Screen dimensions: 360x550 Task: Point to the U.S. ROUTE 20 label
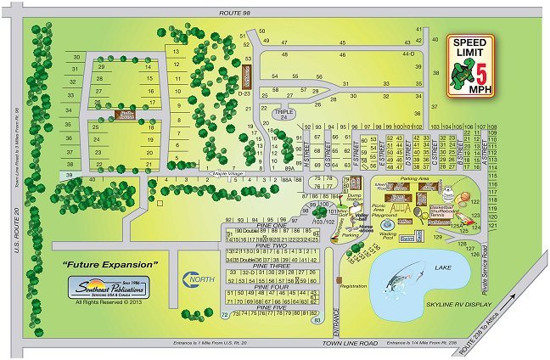click(15, 230)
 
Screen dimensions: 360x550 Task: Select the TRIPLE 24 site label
click(284, 113)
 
